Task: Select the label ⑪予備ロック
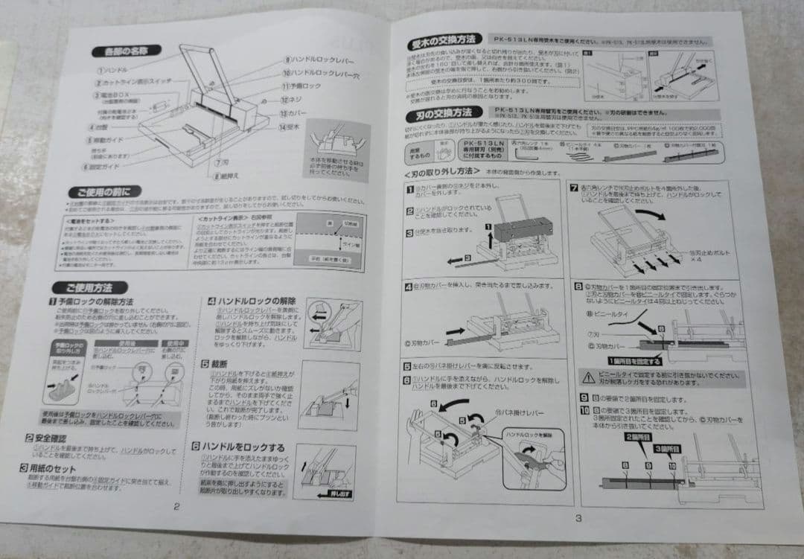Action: pos(302,86)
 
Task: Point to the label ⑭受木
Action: pos(296,127)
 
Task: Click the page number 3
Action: pos(577,518)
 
